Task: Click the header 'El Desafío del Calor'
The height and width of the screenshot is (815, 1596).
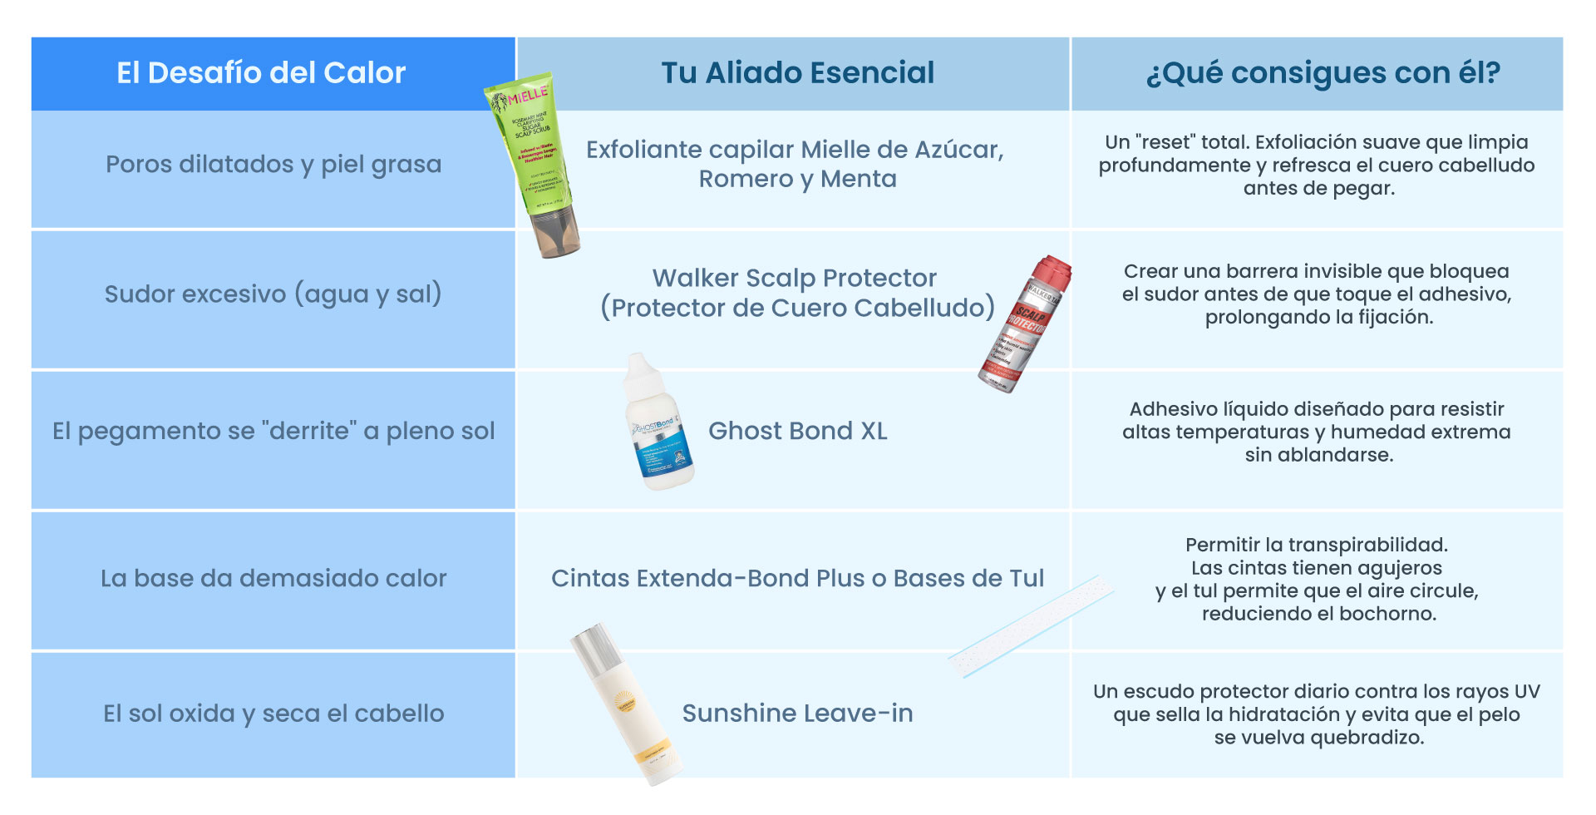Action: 261,73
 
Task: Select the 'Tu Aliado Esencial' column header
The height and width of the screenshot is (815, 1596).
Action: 797,73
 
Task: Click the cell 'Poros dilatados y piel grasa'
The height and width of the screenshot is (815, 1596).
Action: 273,165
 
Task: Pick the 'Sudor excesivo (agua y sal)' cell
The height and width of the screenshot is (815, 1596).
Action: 273,294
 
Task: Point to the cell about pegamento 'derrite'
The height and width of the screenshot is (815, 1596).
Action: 273,431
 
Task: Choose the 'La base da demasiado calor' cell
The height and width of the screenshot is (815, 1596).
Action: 273,578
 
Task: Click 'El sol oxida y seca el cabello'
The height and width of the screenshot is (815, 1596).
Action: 273,714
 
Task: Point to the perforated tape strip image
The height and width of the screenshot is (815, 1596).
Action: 1031,625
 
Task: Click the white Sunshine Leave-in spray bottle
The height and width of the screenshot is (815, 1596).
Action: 625,703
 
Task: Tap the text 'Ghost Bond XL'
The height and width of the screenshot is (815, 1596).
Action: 797,431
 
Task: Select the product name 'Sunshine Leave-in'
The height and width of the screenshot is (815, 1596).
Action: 797,714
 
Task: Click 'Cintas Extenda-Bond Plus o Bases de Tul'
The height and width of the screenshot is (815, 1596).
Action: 797,578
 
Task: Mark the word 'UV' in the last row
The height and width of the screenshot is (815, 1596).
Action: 1527,692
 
